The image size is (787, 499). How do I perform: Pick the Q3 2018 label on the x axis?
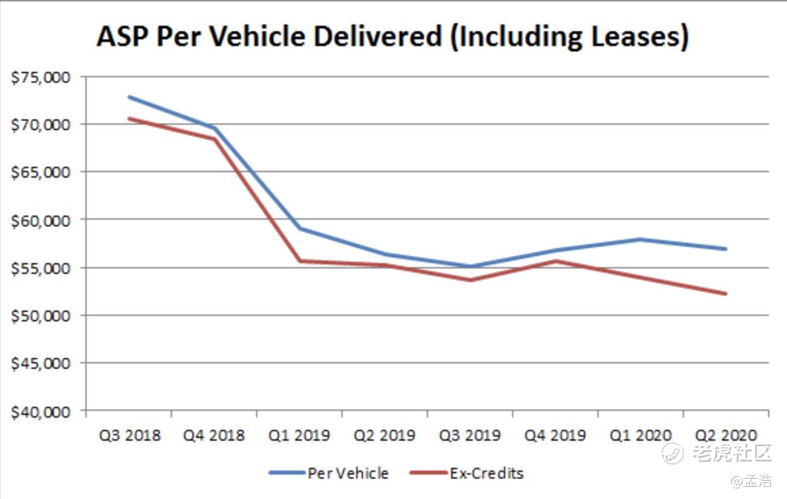(x=129, y=435)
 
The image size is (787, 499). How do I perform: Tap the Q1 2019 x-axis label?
(x=299, y=435)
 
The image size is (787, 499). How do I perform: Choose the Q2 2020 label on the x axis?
(x=726, y=435)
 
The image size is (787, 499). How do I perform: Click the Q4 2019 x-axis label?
(x=555, y=435)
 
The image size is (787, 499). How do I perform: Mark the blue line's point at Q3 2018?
(x=129, y=97)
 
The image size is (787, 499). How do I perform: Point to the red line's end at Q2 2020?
(x=726, y=294)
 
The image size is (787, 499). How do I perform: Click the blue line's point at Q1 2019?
(x=299, y=228)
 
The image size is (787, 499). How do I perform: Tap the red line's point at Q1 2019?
(x=299, y=261)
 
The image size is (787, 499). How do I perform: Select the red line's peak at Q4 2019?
(x=555, y=261)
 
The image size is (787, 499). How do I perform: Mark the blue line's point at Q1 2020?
(x=641, y=239)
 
